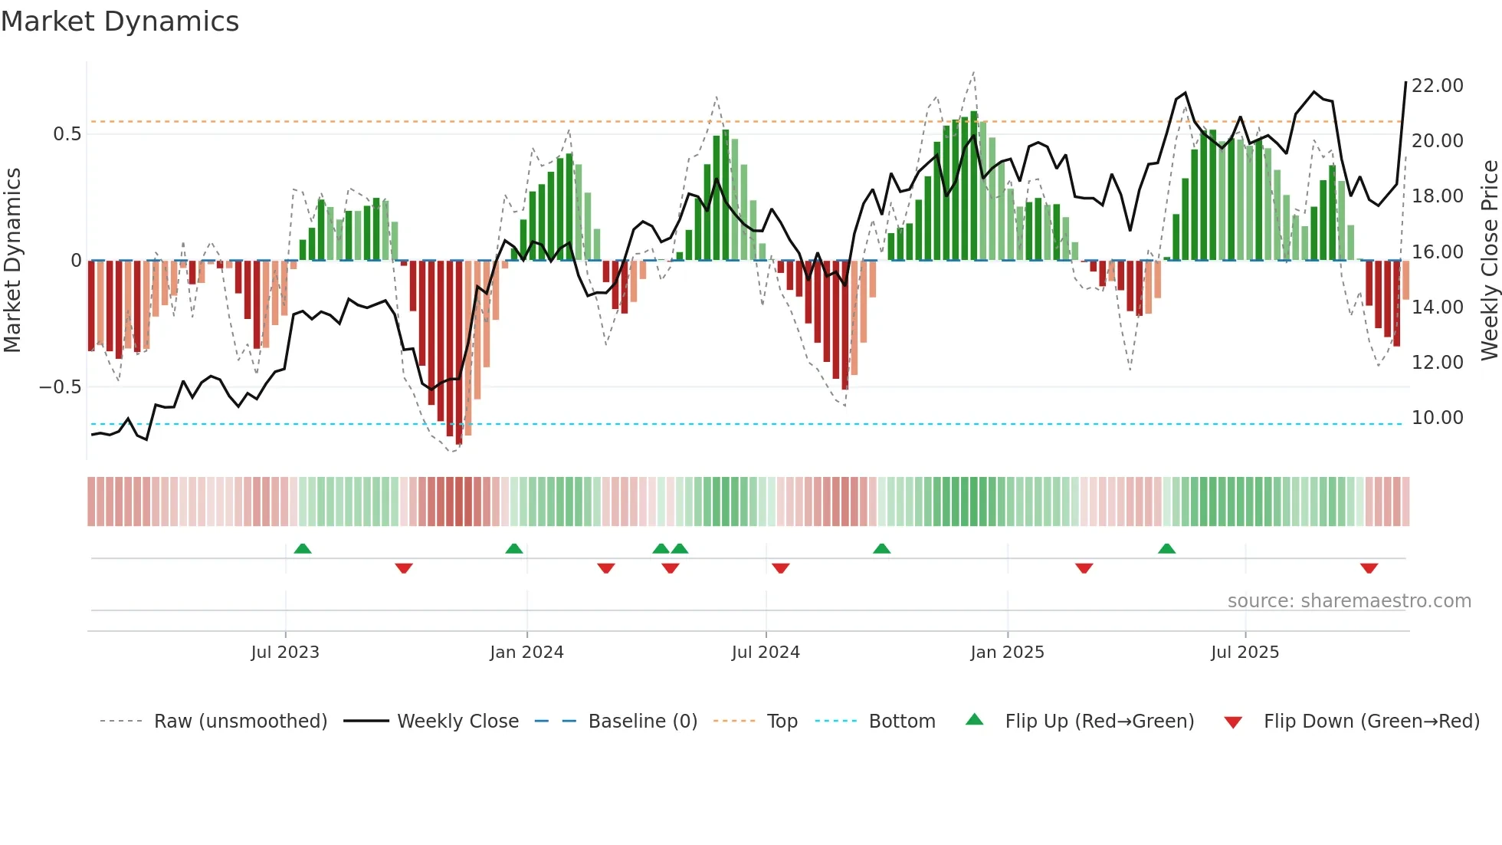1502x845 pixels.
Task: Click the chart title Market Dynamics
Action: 120,21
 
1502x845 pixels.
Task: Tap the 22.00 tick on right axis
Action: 1437,86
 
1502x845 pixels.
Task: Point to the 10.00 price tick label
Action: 1437,418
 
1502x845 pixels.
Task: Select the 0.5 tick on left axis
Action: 67,134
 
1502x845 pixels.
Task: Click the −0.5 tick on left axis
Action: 61,387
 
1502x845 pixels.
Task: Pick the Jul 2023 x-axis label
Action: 284,653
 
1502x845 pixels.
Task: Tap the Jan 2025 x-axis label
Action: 1007,653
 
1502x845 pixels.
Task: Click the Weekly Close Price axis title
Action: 1489,261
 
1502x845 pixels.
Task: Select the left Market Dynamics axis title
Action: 12,261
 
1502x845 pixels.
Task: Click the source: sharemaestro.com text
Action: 1349,601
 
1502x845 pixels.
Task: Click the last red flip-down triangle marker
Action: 1369,568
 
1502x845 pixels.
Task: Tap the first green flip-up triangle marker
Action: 303,548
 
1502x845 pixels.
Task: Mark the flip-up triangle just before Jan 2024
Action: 514,548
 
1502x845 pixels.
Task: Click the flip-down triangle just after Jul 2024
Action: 780,568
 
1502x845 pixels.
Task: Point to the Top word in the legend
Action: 782,722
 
